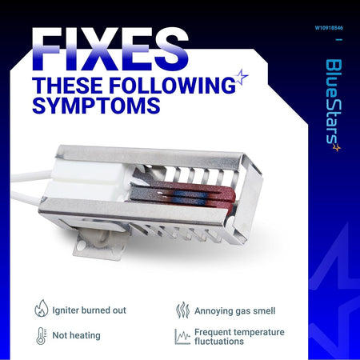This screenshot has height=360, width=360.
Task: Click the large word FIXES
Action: point(110,49)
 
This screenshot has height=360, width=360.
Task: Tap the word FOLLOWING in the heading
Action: point(172,86)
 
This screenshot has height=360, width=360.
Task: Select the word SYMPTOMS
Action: point(96,106)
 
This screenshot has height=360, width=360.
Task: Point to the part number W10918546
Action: point(329,28)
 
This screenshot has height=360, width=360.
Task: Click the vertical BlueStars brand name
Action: point(334,102)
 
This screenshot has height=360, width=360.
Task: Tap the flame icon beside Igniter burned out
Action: point(42,308)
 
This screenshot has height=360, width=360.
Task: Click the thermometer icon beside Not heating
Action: point(41,336)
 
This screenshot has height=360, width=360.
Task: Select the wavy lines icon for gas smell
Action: point(182,310)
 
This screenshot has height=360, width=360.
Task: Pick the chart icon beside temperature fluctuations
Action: point(182,337)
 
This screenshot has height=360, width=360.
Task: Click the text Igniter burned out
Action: point(89,310)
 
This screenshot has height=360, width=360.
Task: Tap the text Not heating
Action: point(76,335)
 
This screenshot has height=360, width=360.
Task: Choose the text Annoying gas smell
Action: point(235,311)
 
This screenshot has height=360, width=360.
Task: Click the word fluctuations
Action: point(219,342)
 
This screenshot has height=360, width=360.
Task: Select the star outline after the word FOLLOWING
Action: point(241,77)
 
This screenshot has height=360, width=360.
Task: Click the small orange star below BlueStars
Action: point(337,147)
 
